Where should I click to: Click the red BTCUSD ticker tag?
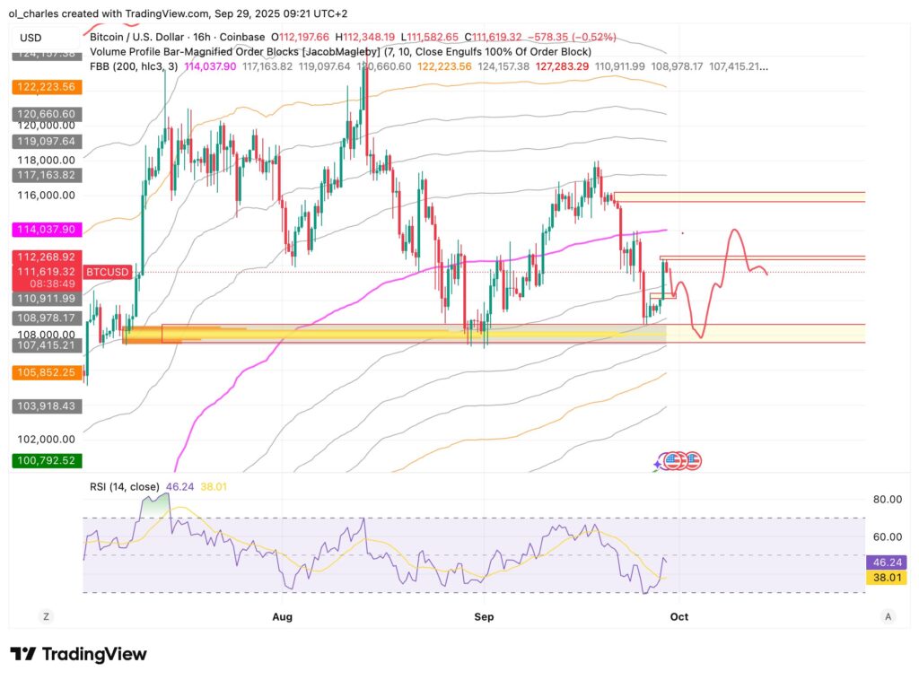click(x=108, y=271)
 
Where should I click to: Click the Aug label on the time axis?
click(x=282, y=616)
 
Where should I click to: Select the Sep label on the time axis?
click(x=484, y=616)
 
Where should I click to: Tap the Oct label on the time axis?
click(x=678, y=616)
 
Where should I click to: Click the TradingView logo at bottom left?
click(x=78, y=654)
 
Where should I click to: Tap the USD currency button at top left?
click(x=31, y=38)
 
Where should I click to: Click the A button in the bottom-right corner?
click(x=888, y=616)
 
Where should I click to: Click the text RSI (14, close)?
click(x=125, y=486)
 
